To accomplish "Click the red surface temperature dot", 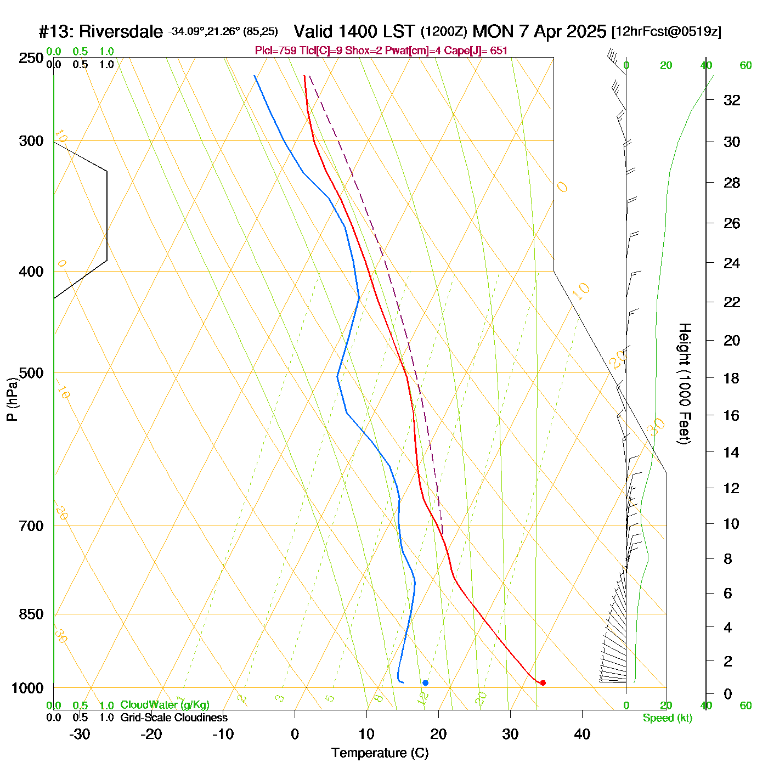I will tap(543, 683).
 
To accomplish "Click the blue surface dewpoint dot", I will tap(425, 683).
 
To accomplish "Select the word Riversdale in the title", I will tap(121, 32).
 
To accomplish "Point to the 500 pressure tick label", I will tap(31, 373).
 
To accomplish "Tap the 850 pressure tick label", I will tap(31, 614).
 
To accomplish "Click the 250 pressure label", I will tap(31, 58).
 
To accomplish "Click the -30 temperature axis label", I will tap(80, 734).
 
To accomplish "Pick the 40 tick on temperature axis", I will tap(582, 734).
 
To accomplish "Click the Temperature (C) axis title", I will tap(380, 753).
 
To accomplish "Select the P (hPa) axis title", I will tap(12, 399).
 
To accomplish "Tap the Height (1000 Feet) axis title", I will tap(684, 383).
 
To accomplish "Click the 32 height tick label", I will tap(732, 100).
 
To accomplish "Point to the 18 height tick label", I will tap(732, 378).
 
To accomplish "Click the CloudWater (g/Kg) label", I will tap(165, 705).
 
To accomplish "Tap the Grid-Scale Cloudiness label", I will tap(174, 718).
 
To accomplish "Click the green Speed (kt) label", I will tap(668, 718).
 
